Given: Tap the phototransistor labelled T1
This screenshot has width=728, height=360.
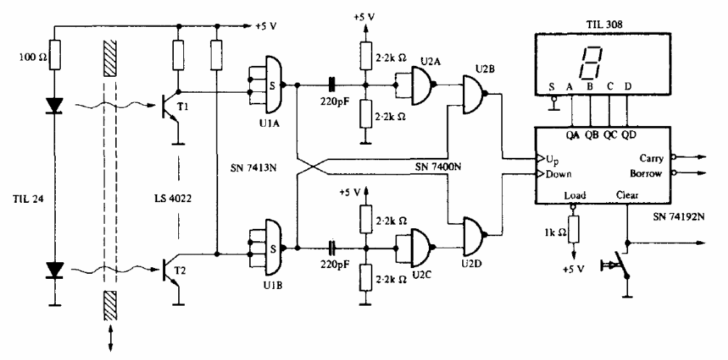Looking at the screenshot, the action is pos(168,106).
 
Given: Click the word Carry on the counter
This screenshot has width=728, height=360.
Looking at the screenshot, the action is pos(653,159).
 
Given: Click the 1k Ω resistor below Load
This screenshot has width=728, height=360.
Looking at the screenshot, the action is pos(574,229).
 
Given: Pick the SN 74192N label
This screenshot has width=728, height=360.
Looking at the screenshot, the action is pos(677,216).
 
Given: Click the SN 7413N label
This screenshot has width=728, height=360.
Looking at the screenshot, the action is pos(253,167).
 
